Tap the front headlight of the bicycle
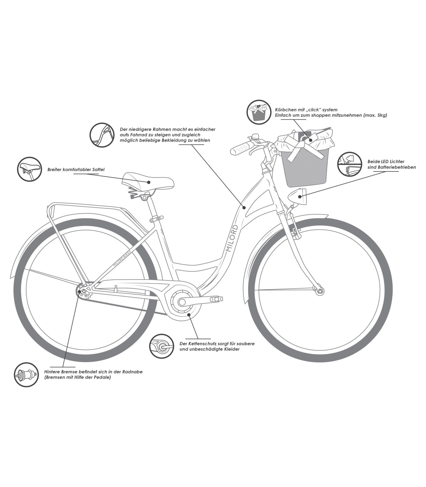(297, 196)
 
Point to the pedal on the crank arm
(216, 298)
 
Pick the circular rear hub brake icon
(26, 375)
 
